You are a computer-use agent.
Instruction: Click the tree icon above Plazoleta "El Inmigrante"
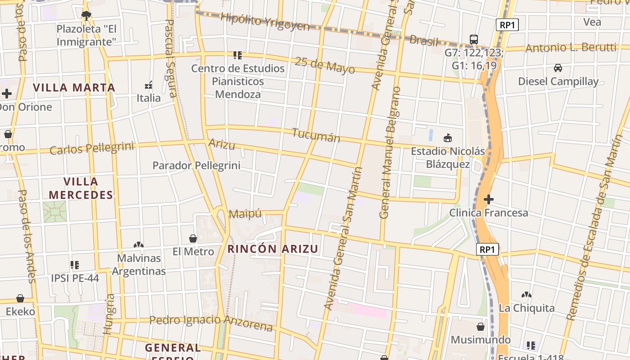[x=86, y=16]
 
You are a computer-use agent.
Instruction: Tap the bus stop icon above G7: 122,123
[x=474, y=39]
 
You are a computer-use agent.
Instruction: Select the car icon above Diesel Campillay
[x=558, y=68]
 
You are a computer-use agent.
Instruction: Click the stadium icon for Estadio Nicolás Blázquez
[x=448, y=138]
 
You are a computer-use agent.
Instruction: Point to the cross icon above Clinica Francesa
[x=489, y=199]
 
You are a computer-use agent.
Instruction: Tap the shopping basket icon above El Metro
[x=193, y=238]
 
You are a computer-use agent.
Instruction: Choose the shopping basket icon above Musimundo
[x=481, y=326]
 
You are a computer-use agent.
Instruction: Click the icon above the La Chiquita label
[x=526, y=295]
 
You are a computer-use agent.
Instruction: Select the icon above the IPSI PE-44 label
[x=75, y=265]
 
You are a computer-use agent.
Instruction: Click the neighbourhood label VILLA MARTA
[x=74, y=87]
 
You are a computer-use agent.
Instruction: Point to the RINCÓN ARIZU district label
[x=273, y=249]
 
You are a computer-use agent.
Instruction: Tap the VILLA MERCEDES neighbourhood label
[x=81, y=188]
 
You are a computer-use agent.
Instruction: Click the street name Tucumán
[x=316, y=135]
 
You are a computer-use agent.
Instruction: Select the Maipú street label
[x=245, y=214]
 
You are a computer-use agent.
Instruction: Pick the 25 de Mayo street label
[x=324, y=66]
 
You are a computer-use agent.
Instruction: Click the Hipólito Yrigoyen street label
[x=265, y=21]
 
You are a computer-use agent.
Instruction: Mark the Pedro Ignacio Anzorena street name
[x=211, y=322]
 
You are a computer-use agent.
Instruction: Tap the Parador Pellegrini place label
[x=196, y=165]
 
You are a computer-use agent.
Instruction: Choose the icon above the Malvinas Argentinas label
[x=139, y=245]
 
